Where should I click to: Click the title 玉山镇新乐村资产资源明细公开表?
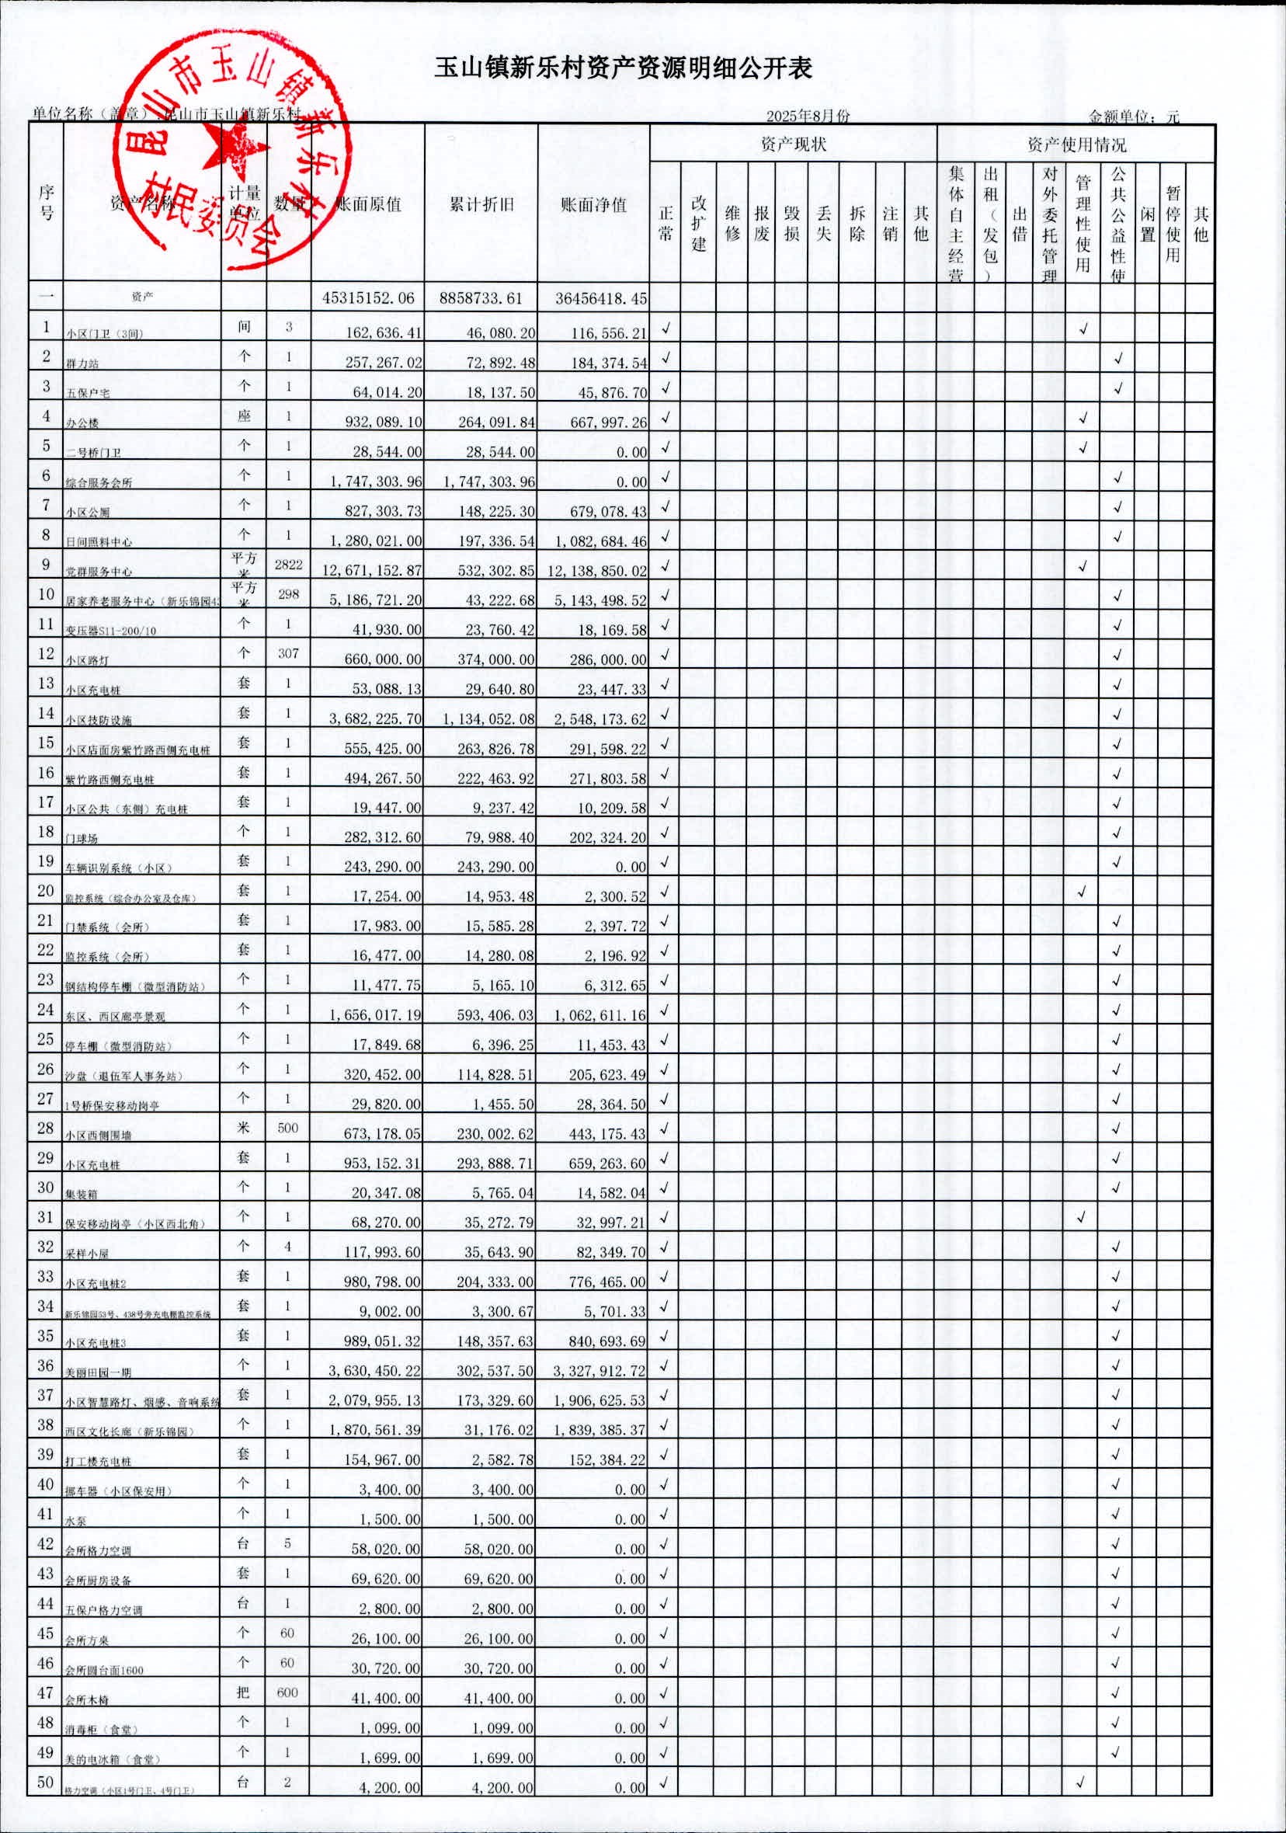pos(623,68)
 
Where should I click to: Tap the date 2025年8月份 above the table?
pos(808,116)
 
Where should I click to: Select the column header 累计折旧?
pos(481,204)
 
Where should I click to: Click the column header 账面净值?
pos(593,204)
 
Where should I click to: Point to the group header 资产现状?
pos(793,144)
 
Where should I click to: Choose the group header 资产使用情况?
pos(1076,144)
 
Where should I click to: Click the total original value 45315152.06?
pos(368,297)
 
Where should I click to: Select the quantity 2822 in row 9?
pos(288,565)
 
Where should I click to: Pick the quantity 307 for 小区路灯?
pos(288,653)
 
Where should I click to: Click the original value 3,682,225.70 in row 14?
pos(375,718)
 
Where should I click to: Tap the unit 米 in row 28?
pos(245,1127)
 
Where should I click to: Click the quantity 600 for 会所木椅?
pos(287,1692)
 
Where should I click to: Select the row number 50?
pos(46,1782)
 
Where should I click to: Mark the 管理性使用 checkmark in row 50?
pos(1082,1782)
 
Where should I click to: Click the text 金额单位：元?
pos(1134,117)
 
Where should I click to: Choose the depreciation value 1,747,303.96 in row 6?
pos(488,482)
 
